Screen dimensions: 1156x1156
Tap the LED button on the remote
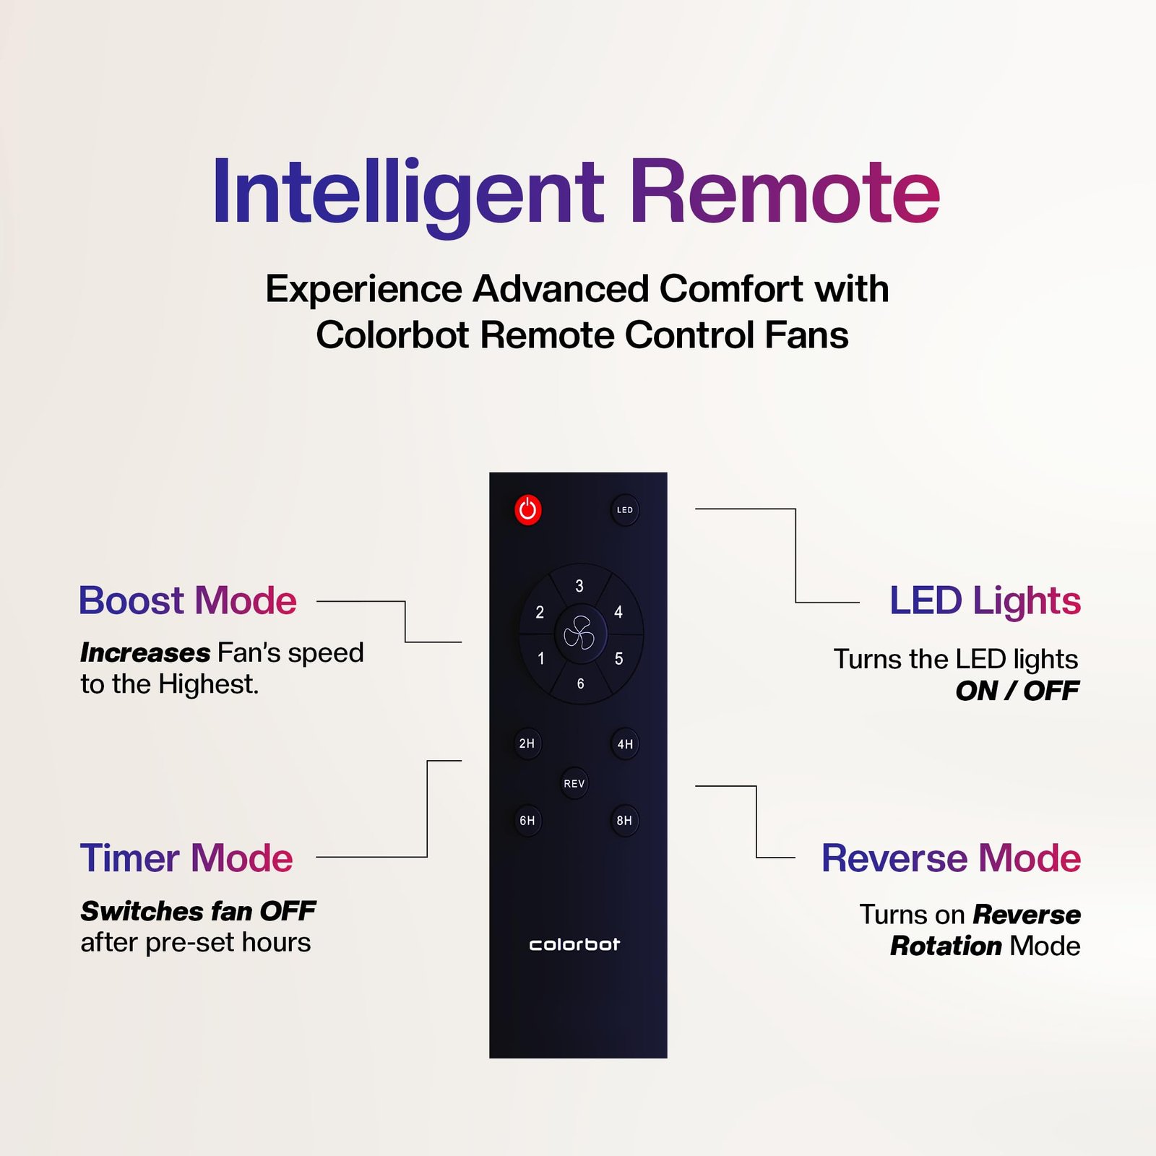[x=625, y=510]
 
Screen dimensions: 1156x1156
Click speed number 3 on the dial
[x=579, y=586]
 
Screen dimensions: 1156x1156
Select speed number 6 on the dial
[x=580, y=683]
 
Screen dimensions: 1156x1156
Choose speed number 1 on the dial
[x=541, y=658]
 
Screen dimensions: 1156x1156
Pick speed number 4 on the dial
[x=618, y=612]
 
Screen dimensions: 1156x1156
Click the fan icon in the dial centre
[x=579, y=634]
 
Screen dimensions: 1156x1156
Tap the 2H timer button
[x=527, y=743]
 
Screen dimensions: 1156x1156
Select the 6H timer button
[x=527, y=821]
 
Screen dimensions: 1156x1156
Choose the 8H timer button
[x=624, y=821]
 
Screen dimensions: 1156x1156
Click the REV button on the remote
[x=574, y=783]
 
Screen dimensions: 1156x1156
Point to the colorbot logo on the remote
[x=574, y=944]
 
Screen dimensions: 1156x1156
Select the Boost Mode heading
[x=188, y=600]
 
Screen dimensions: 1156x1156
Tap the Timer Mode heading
[x=186, y=858]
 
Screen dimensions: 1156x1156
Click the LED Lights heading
[x=985, y=600]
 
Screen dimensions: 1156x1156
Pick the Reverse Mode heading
[x=952, y=858]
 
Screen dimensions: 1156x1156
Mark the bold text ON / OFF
[x=1017, y=691]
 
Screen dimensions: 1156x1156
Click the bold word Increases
[x=145, y=652]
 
